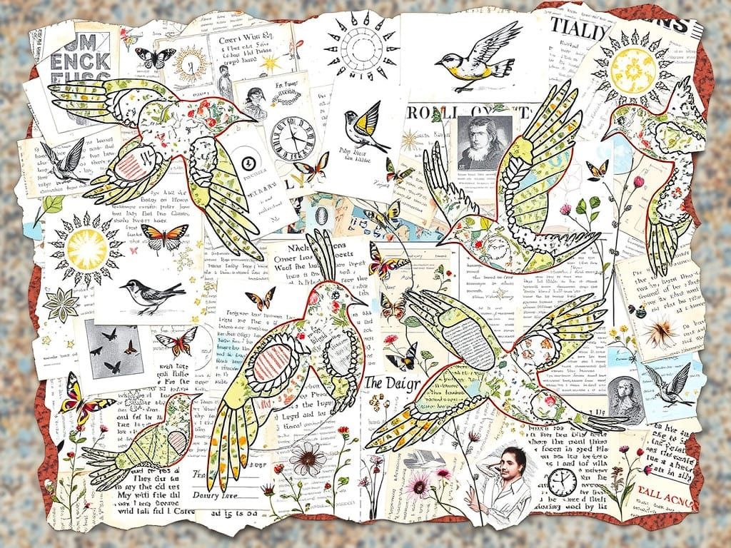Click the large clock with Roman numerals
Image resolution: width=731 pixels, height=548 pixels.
click(x=293, y=133)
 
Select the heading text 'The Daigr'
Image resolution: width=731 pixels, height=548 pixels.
click(x=392, y=383)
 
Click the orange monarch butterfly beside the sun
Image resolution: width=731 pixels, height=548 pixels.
click(x=164, y=237)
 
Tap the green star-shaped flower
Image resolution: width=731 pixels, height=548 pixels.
click(x=61, y=305)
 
